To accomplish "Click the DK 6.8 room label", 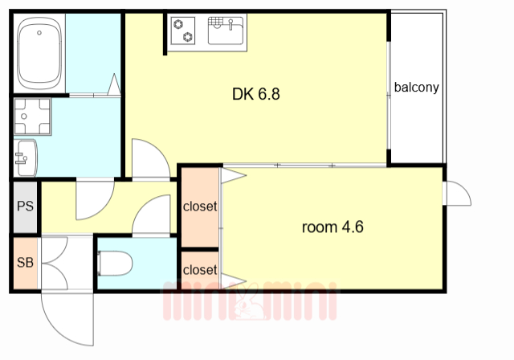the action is pos(256,94).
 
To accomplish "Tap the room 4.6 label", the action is pos(332,227).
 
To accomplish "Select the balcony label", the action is pos(416,88).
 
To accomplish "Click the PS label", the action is pos(25,207).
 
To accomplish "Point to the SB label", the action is pos(25,262).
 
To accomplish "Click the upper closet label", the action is pos(200,207).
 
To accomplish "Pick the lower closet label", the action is pos(200,270).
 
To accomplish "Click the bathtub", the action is pos(39,54).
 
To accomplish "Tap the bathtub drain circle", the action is pos(39,33).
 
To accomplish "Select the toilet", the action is pos(115,264).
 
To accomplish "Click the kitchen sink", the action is pos(226,31).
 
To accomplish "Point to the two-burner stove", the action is pos(183,31).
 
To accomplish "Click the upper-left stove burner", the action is pos(178,24).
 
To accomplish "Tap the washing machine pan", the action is pos(32,117).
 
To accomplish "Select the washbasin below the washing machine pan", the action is pos(27,158).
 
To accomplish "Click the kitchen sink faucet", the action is pos(230,24).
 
